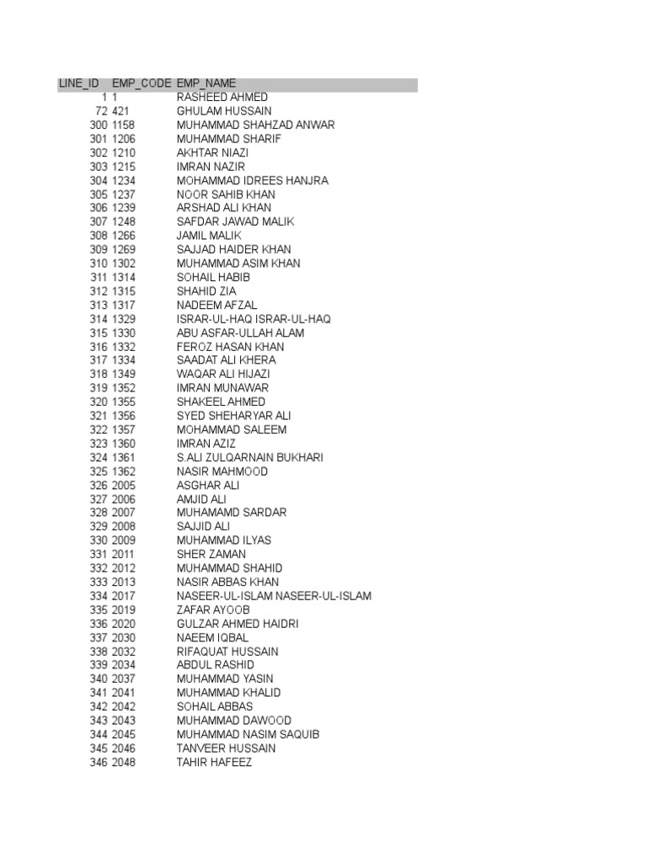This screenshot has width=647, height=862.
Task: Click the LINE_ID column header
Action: (x=78, y=83)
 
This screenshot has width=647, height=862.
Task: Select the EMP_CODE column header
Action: (x=142, y=83)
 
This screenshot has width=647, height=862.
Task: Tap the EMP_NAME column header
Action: (x=206, y=83)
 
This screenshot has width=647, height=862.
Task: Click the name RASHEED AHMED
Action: (x=222, y=98)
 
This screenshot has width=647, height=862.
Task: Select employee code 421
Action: (x=121, y=111)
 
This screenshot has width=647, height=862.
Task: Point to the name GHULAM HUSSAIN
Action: (x=224, y=111)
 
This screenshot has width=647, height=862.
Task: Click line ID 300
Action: (x=99, y=125)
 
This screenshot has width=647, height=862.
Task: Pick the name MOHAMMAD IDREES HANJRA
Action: (x=253, y=181)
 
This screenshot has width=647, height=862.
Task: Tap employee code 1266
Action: (x=124, y=236)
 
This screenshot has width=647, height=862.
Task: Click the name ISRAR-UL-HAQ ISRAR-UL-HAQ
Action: (x=254, y=319)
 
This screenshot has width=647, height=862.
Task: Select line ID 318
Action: (x=99, y=375)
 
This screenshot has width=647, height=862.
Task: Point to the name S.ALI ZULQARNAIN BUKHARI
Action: (x=250, y=458)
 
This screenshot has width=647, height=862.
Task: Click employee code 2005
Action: (x=124, y=486)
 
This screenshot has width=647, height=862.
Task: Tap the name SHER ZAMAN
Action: (x=211, y=555)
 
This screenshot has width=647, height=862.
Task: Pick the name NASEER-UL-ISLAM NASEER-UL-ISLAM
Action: (x=274, y=596)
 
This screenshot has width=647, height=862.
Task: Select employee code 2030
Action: (x=124, y=638)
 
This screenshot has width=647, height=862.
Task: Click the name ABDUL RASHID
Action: (x=216, y=665)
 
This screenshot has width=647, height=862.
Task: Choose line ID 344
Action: (x=99, y=735)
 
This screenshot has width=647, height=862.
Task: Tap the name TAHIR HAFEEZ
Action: (x=214, y=763)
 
